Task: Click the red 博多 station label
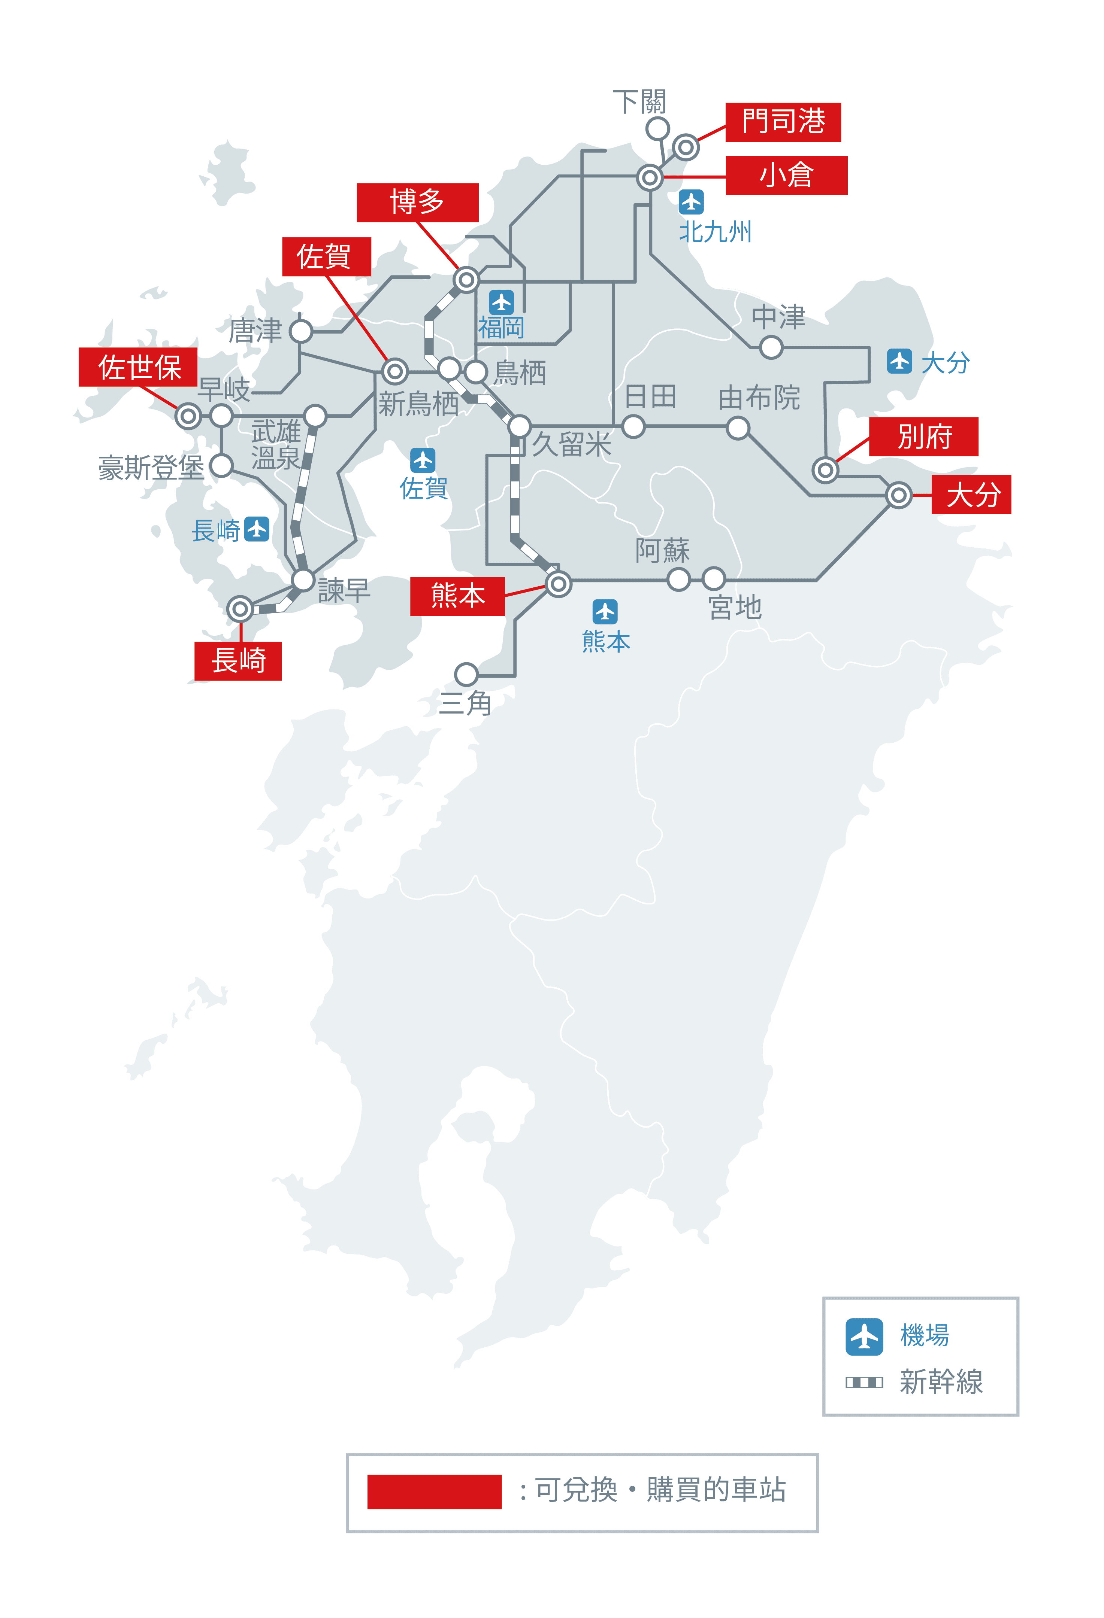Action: (x=417, y=203)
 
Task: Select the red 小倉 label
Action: (x=786, y=176)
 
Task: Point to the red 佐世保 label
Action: (x=138, y=367)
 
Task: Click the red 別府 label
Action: (x=923, y=437)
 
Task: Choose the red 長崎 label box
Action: (x=238, y=661)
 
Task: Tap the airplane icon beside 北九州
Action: (x=691, y=202)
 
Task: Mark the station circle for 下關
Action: (x=657, y=129)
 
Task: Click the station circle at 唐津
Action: (x=301, y=331)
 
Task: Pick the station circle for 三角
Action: (x=466, y=674)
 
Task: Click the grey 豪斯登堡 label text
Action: (x=151, y=468)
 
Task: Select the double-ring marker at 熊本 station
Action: (x=558, y=584)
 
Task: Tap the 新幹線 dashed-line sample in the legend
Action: (x=864, y=1382)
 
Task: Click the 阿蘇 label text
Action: (x=662, y=551)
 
